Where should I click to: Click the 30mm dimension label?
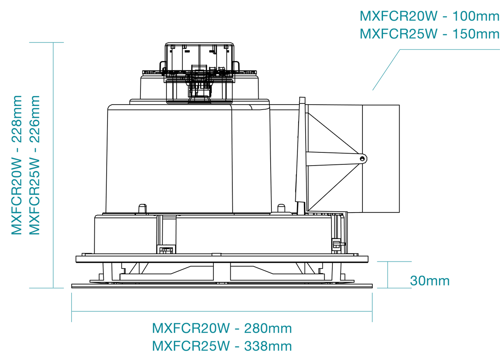430,281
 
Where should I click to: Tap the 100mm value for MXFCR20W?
476,16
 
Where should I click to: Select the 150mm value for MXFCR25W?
476,34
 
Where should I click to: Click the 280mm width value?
268,328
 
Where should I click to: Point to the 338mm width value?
268,346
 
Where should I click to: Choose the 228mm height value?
16,119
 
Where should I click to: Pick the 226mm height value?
34,119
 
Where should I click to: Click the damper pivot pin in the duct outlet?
362,159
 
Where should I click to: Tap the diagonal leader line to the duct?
386,70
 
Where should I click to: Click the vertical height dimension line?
53,165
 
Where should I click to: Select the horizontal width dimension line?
222,311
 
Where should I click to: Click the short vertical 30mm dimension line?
388,275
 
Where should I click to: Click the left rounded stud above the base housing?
143,208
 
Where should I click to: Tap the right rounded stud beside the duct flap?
281,208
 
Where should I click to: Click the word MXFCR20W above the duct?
399,16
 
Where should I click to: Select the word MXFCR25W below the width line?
191,346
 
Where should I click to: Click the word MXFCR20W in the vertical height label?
16,196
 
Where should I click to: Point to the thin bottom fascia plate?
222,286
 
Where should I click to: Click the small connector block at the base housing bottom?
166,250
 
